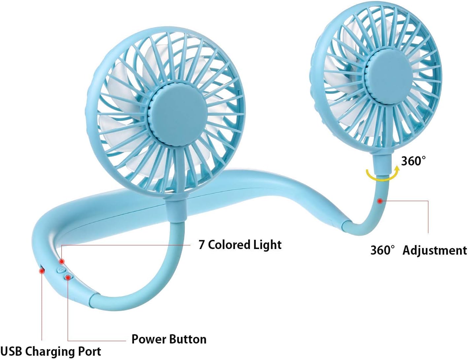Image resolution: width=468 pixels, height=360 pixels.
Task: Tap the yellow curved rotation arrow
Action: click(383, 174)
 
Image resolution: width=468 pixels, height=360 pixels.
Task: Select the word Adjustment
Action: click(434, 250)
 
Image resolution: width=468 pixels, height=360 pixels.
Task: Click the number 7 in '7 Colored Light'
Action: click(201, 245)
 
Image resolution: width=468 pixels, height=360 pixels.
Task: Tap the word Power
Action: click(149, 339)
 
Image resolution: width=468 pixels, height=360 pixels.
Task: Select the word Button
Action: click(188, 339)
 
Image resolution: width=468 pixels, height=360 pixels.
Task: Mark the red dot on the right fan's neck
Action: click(380, 200)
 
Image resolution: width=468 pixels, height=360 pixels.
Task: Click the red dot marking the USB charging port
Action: click(42, 271)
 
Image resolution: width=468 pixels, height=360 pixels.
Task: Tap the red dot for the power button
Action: click(68, 277)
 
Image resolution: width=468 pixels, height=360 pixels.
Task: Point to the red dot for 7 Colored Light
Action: click(61, 262)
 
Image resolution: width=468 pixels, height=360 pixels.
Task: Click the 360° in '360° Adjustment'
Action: click(383, 250)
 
